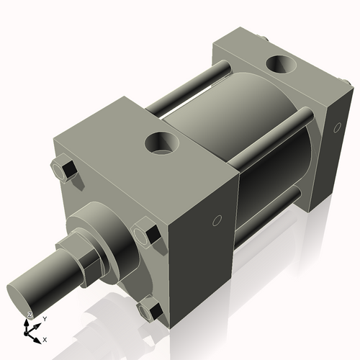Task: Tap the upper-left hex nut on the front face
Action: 63,170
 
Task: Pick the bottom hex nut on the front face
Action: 150,311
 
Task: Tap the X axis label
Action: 45,338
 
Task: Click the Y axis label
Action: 45,318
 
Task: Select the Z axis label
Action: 29,315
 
